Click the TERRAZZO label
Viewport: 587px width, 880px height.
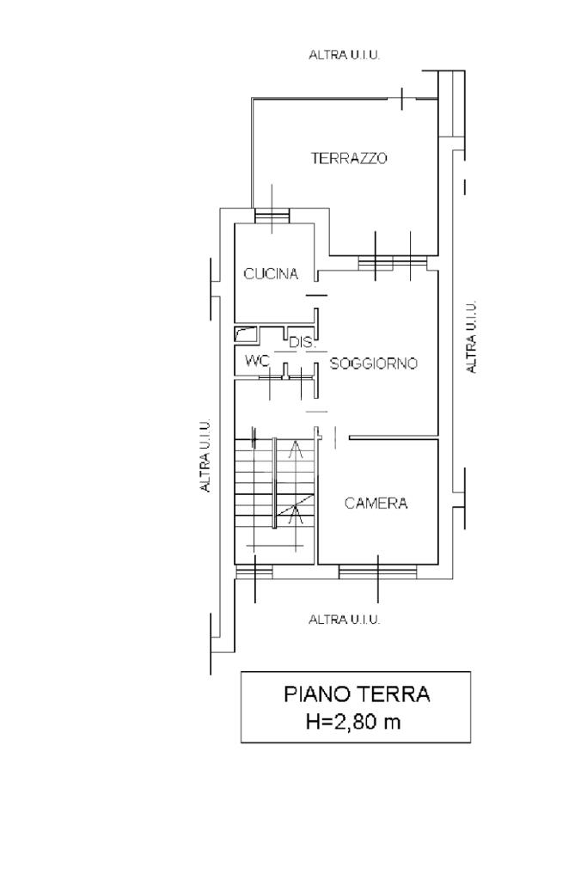pos(349,158)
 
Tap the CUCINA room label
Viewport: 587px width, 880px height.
pos(271,274)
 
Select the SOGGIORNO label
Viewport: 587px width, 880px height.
pos(373,364)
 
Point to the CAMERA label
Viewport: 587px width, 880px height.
pos(376,504)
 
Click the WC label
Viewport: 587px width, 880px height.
pos(258,360)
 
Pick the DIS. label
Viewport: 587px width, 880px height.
pos(303,342)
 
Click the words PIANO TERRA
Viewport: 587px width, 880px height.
pos(357,694)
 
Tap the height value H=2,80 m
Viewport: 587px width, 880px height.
pos(353,721)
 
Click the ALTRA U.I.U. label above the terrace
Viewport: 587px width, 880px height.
pos(345,55)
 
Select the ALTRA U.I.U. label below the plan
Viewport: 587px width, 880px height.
pos(345,620)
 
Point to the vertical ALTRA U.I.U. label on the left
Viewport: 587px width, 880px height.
pos(206,455)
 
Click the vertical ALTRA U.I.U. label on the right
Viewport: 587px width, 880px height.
pos(471,337)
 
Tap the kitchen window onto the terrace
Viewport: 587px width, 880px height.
pos(272,216)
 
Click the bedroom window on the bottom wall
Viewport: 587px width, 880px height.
pos(377,571)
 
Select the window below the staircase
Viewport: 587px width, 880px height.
pos(254,571)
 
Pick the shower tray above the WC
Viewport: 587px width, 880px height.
pos(245,334)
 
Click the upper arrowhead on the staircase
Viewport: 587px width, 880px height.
pos(295,448)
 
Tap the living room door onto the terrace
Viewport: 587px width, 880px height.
pos(393,261)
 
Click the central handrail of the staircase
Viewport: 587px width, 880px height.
pos(274,483)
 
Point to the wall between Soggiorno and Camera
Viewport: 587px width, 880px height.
pos(394,437)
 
